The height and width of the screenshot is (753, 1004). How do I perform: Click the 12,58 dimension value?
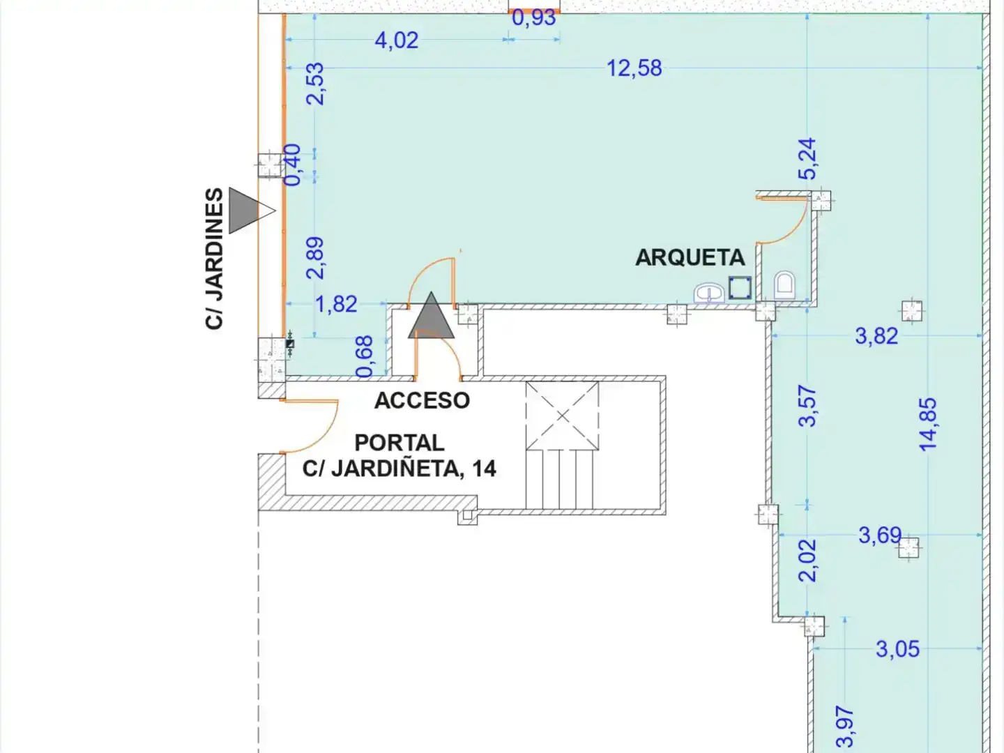pyautogui.click(x=634, y=68)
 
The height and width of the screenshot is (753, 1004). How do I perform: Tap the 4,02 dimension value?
pyautogui.click(x=397, y=40)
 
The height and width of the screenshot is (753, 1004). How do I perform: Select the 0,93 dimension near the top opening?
pyautogui.click(x=534, y=18)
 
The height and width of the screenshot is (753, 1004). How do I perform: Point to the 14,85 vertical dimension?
pyautogui.click(x=928, y=425)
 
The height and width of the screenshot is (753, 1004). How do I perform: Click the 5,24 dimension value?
pyautogui.click(x=807, y=159)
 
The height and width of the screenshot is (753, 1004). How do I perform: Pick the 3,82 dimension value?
pyautogui.click(x=876, y=337)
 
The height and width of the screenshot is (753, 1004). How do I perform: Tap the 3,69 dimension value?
pyautogui.click(x=880, y=535)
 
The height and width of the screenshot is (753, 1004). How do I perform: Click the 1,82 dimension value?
pyautogui.click(x=337, y=305)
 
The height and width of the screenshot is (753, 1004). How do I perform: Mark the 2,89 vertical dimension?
pyautogui.click(x=315, y=258)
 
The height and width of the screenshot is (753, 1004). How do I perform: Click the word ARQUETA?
pyautogui.click(x=690, y=258)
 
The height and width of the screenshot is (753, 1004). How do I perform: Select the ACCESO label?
pyautogui.click(x=422, y=401)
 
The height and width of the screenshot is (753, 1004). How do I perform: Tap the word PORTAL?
pyautogui.click(x=400, y=443)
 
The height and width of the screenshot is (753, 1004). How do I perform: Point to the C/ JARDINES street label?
pyautogui.click(x=214, y=259)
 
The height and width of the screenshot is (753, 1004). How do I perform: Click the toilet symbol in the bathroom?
pyautogui.click(x=785, y=285)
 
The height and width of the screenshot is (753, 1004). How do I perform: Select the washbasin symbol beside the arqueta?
pyautogui.click(x=709, y=293)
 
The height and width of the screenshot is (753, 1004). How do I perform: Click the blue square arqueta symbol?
pyautogui.click(x=740, y=288)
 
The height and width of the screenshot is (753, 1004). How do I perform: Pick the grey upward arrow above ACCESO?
pyautogui.click(x=431, y=315)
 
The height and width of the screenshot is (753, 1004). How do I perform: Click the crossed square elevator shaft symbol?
pyautogui.click(x=562, y=416)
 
